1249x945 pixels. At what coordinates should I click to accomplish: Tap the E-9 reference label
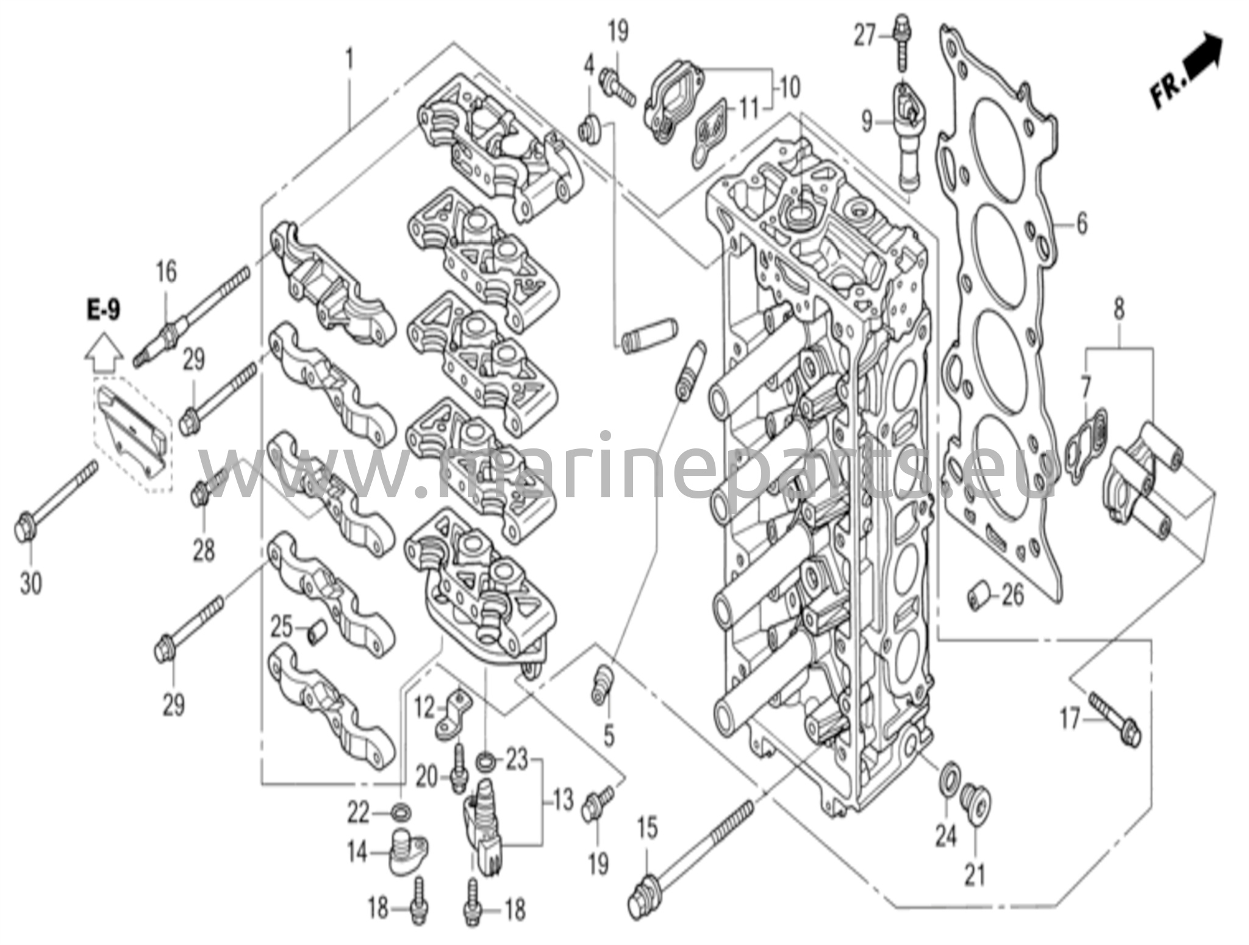pos(103,311)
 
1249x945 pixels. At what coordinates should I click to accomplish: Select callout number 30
pos(30,584)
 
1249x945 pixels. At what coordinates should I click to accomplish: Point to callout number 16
pos(166,271)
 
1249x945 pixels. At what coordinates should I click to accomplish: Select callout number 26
pos(1013,595)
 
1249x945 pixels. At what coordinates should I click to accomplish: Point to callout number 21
pos(975,876)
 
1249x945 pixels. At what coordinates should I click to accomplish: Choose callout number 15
pos(648,828)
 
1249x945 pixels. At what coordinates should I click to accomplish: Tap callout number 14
pos(357,852)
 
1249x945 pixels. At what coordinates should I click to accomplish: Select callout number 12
pos(424,708)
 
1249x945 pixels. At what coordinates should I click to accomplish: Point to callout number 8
pos(1118,309)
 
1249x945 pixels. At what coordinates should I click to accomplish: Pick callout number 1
pos(349,60)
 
